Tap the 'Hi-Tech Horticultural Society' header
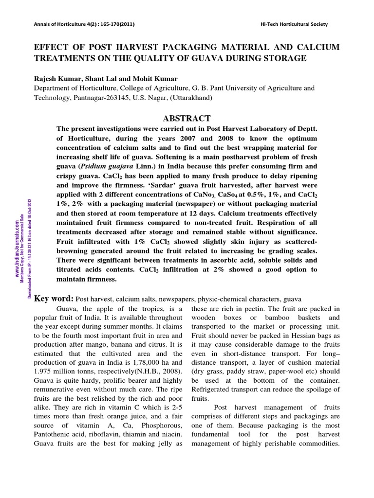coord(295,24)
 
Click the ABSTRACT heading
coord(187,119)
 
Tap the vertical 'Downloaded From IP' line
coord(31,248)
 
